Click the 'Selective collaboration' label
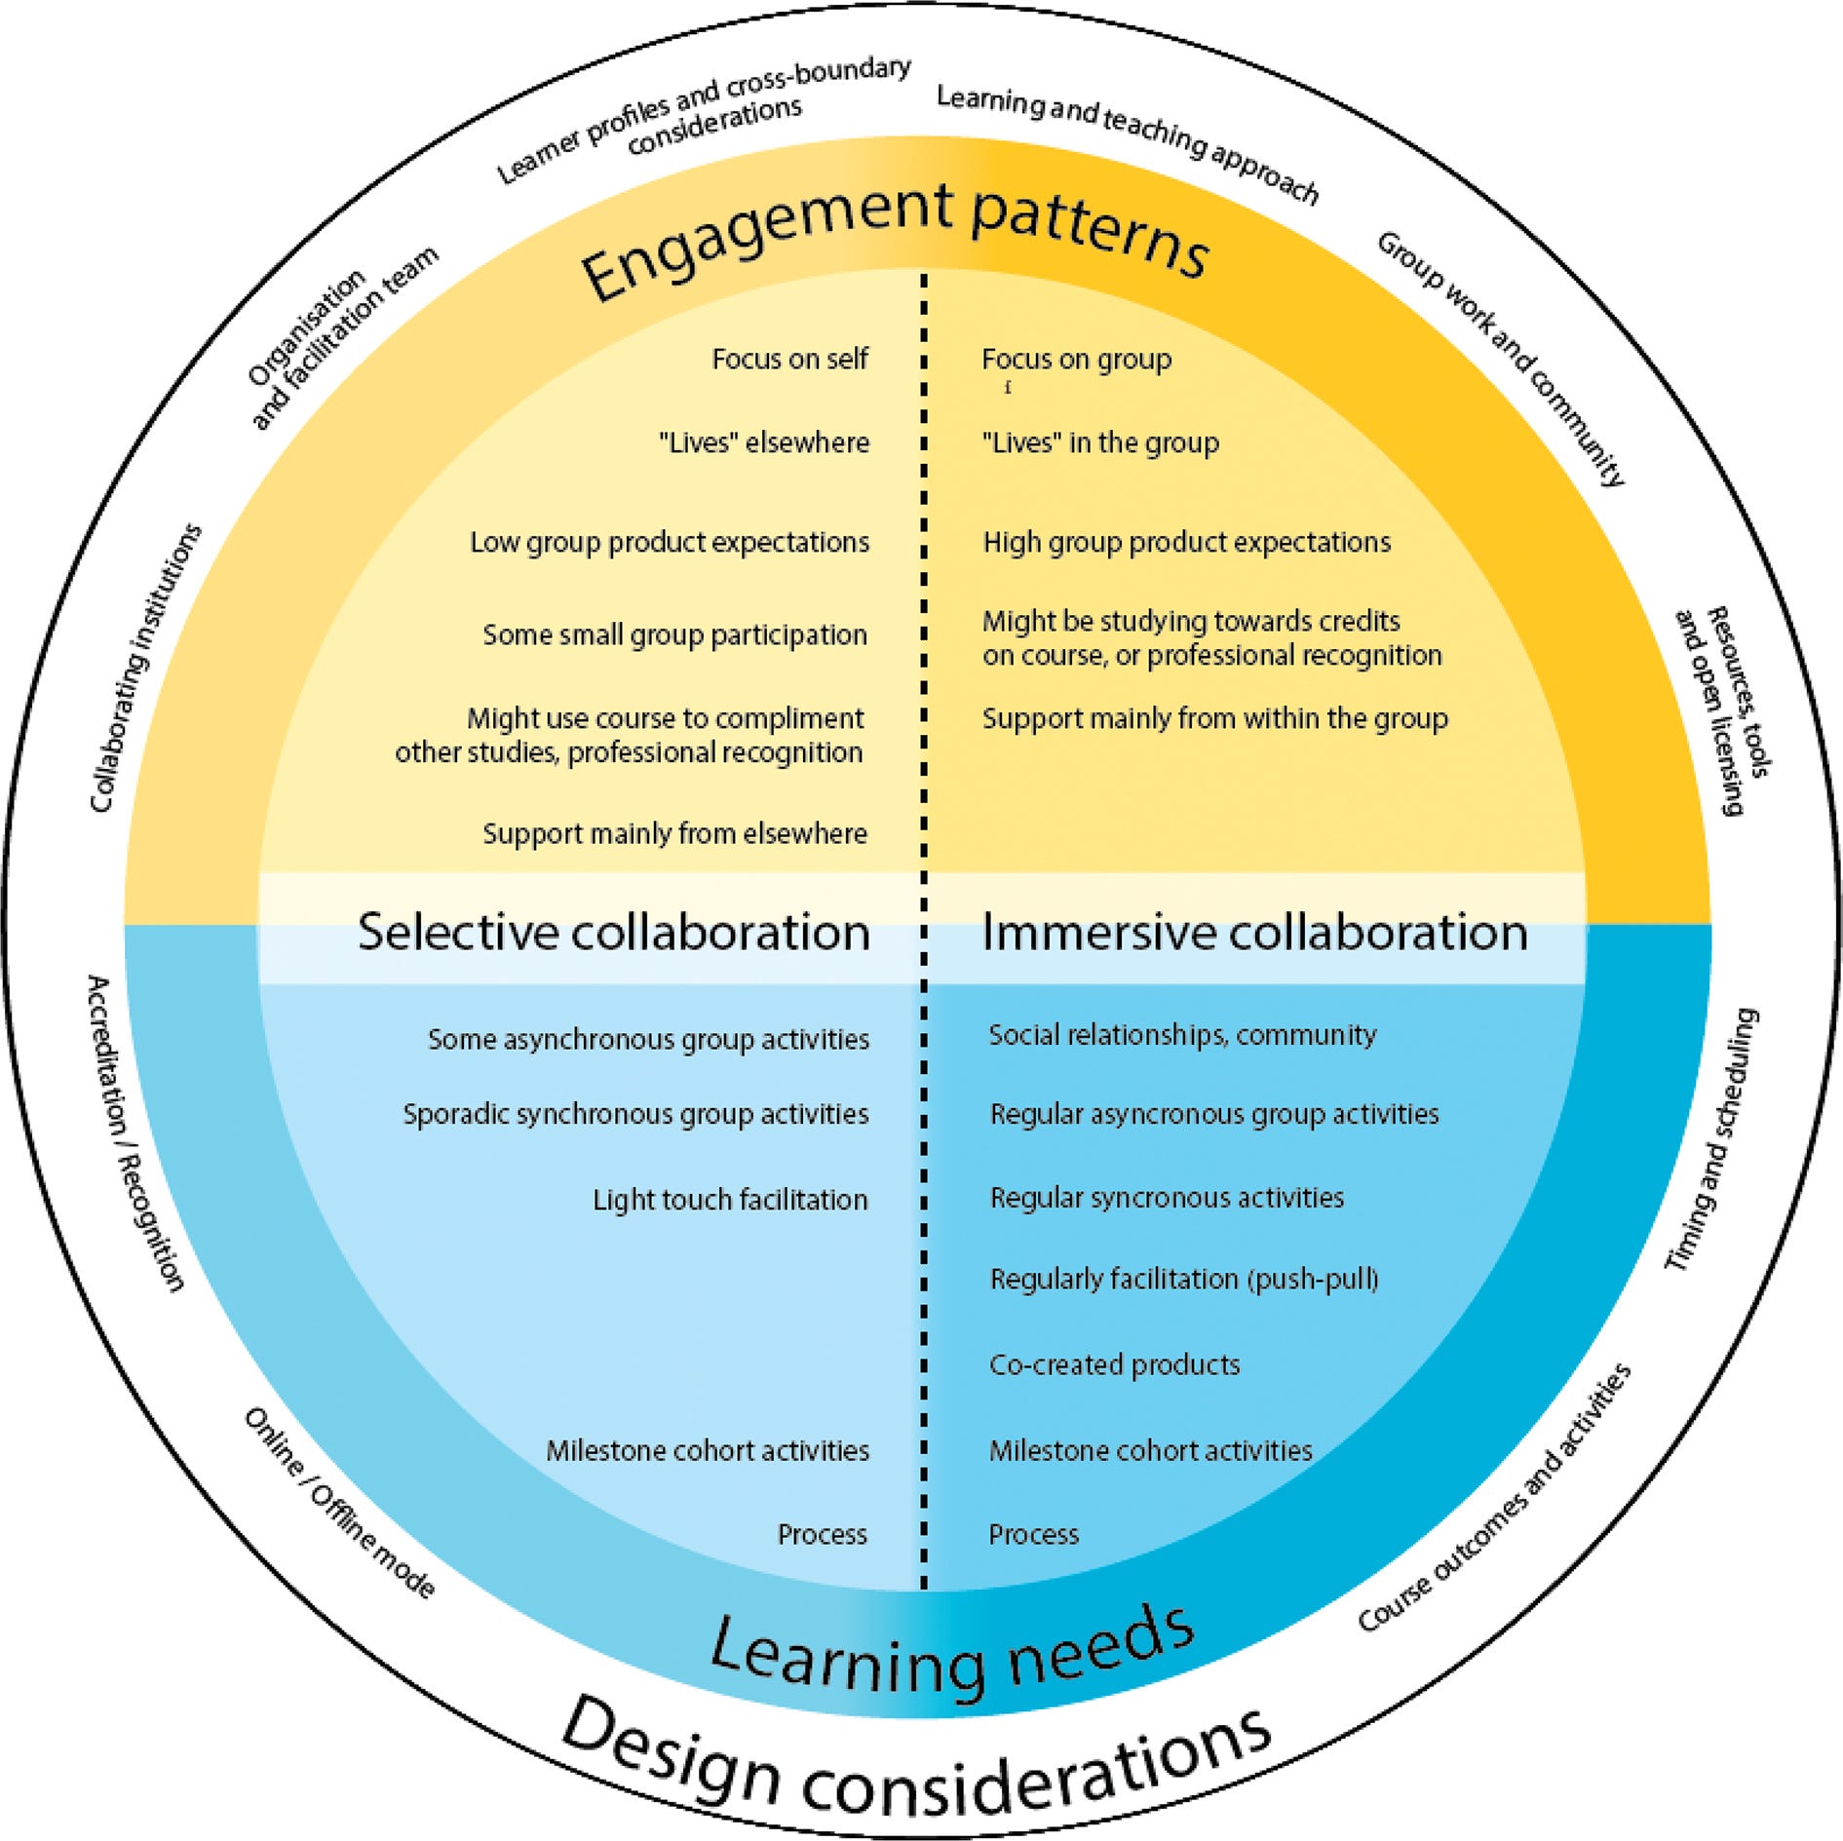coord(614,932)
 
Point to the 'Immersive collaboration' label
coord(1253,932)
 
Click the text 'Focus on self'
coord(789,360)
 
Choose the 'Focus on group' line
coord(1076,360)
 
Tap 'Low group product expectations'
coord(670,542)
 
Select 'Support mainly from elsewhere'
coord(674,833)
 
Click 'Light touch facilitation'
coord(730,1199)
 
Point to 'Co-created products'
coord(1114,1364)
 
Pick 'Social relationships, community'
coord(1182,1035)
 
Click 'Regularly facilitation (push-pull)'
coord(1183,1279)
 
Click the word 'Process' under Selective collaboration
coord(822,1535)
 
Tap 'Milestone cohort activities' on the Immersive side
coord(1150,1450)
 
